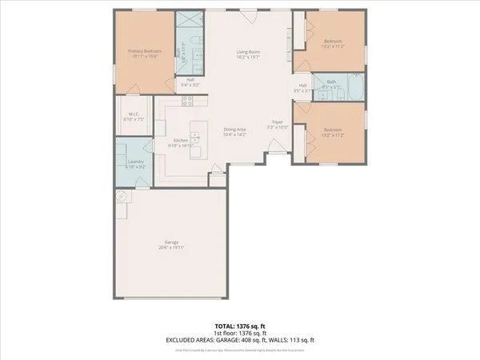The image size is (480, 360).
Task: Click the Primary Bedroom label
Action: coord(145,50)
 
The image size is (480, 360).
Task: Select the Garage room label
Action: coord(172,242)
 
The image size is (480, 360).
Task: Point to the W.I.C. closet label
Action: coord(134,114)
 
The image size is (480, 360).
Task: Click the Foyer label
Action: coord(277,122)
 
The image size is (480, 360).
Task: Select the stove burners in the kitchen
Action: coord(187,101)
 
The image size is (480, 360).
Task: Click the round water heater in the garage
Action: coord(122,197)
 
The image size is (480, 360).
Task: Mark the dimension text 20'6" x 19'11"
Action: coord(172,248)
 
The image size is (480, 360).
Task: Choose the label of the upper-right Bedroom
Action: coord(333,41)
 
